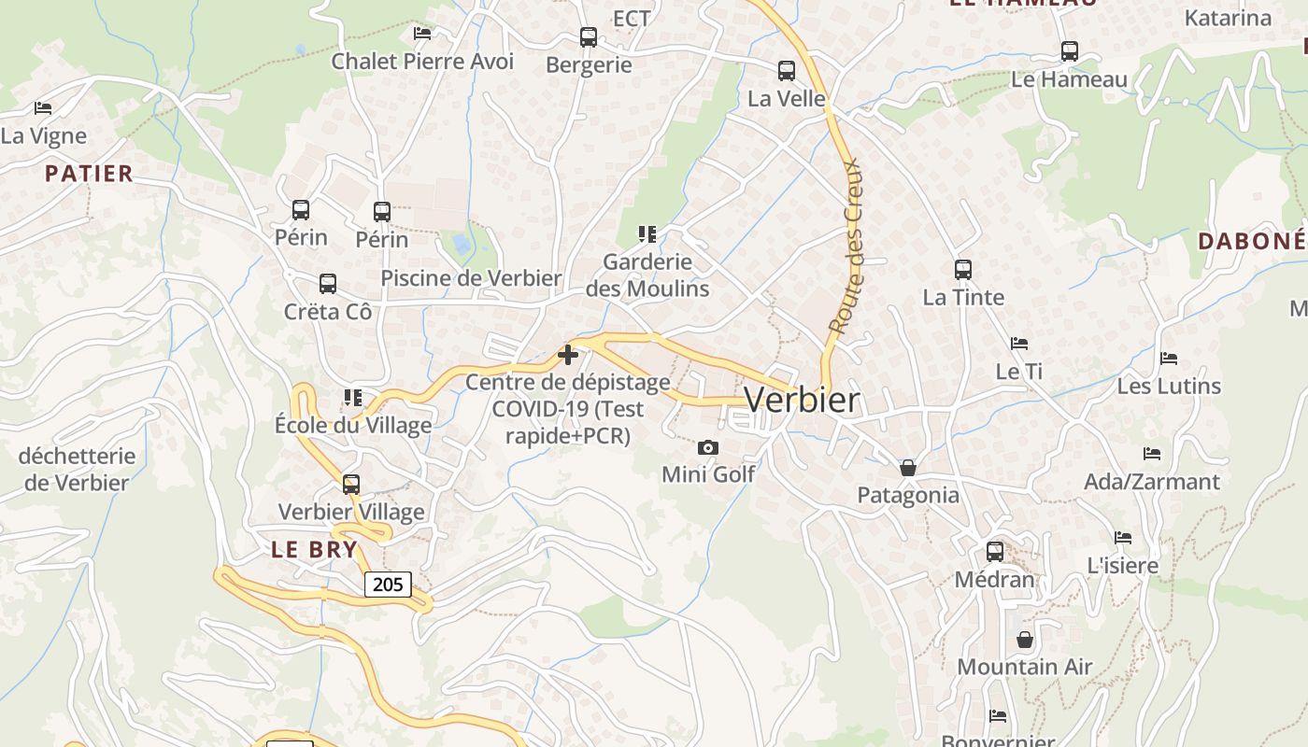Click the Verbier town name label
click(x=802, y=400)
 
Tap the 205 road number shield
click(x=387, y=585)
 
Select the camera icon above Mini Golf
click(x=708, y=448)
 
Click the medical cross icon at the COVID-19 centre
click(x=567, y=355)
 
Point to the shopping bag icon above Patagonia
click(x=907, y=467)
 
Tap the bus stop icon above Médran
click(x=995, y=551)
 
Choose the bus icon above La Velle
click(x=787, y=70)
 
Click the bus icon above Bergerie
click(x=589, y=37)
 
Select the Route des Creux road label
click(x=846, y=247)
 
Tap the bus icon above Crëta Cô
click(x=327, y=283)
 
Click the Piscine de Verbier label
click(x=471, y=278)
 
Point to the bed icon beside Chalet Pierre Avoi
click(x=422, y=34)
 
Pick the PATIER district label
click(x=89, y=174)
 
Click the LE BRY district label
click(x=315, y=549)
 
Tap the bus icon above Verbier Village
click(x=351, y=485)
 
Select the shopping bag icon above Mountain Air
click(x=1025, y=640)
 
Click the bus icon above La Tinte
click(x=963, y=270)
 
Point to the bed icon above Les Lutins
click(x=1168, y=358)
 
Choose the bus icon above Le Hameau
click(x=1070, y=51)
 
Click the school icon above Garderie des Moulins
click(x=647, y=233)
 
